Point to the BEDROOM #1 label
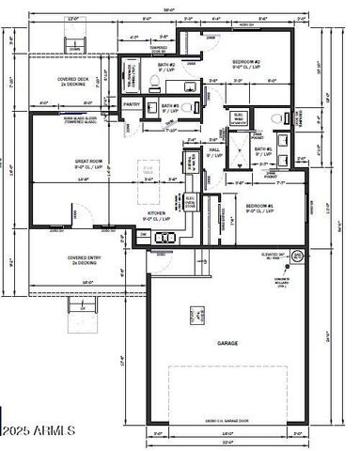point(260,206)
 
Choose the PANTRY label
point(132,104)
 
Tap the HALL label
point(213,148)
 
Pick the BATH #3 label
point(169,106)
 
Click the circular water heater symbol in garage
point(294,254)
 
